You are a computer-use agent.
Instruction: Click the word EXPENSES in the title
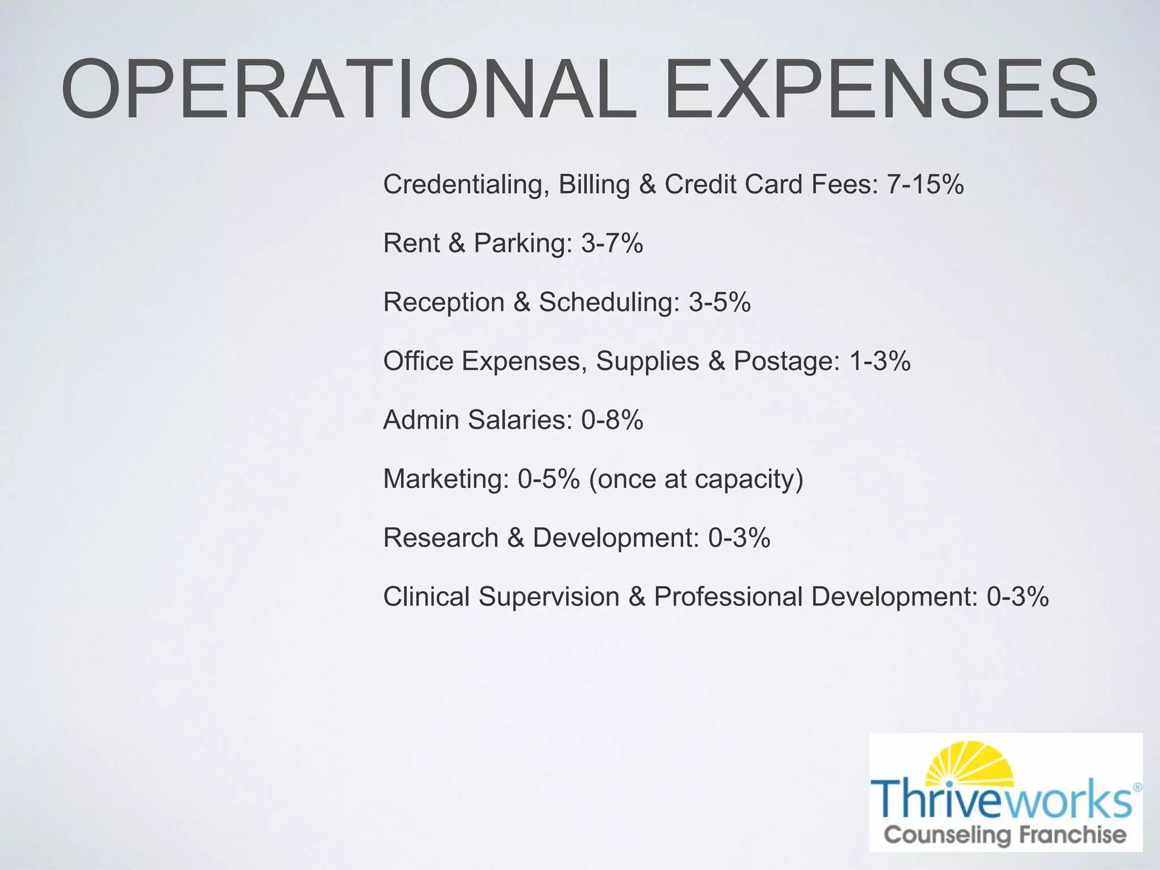pyautogui.click(x=881, y=90)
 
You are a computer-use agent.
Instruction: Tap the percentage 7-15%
pyautogui.click(x=925, y=184)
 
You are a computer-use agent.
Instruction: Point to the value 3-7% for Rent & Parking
pyautogui.click(x=612, y=243)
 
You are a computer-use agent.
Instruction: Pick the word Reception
pyautogui.click(x=443, y=303)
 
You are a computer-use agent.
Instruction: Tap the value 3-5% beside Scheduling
pyautogui.click(x=719, y=302)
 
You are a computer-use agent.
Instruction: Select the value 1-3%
pyautogui.click(x=880, y=361)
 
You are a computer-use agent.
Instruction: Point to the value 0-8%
pyautogui.click(x=612, y=420)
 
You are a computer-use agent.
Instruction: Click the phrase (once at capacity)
pyautogui.click(x=696, y=480)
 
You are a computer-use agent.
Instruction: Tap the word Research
pyautogui.click(x=441, y=538)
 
